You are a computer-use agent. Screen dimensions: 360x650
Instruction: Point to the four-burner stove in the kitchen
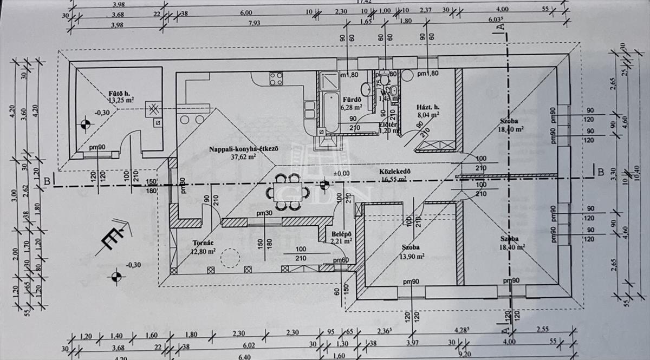point(276,78)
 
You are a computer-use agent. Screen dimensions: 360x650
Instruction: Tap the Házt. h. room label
point(427,107)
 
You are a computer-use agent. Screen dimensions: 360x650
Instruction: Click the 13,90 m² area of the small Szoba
point(412,257)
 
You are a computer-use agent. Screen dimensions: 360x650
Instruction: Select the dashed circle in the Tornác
point(230,258)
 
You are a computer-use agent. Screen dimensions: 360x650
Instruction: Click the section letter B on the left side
point(48,181)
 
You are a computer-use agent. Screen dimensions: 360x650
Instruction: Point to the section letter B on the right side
point(600,172)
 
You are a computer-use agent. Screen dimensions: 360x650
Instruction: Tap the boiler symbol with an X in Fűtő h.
point(154,108)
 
